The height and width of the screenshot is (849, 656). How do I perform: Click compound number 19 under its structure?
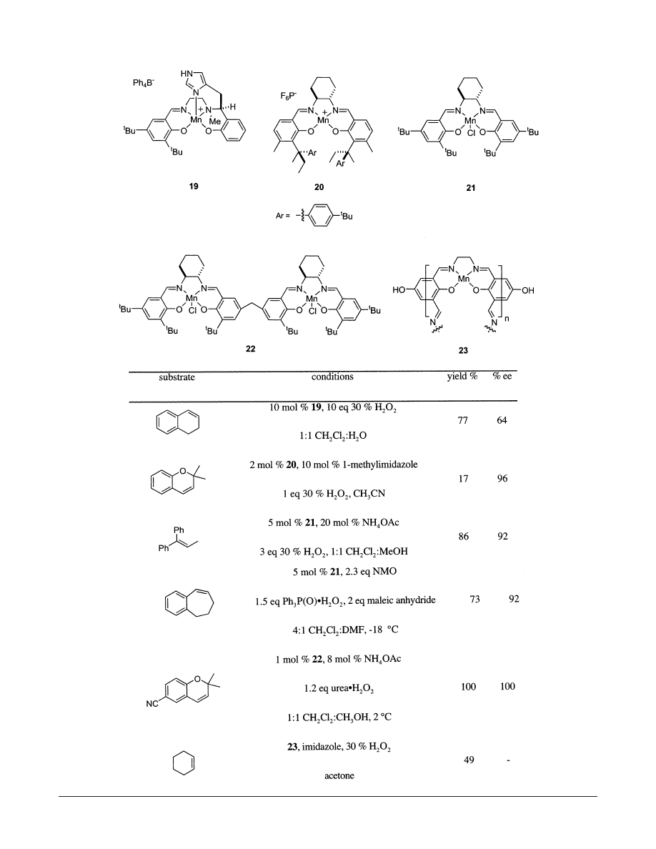[x=193, y=186]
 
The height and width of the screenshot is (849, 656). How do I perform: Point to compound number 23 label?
[x=464, y=351]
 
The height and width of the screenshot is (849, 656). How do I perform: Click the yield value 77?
[x=462, y=421]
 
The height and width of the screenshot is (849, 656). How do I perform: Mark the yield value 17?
[x=462, y=479]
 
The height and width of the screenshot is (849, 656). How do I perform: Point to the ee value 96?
[x=502, y=479]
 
